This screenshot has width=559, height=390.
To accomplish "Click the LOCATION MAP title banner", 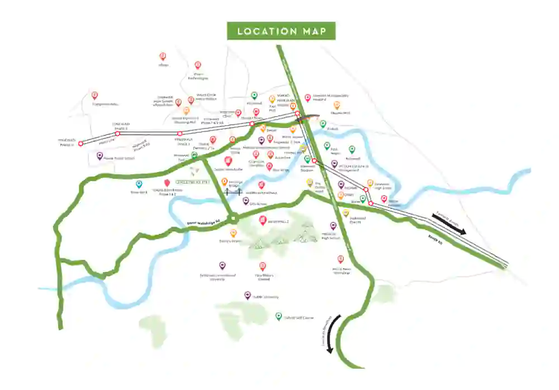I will pyautogui.click(x=281, y=31).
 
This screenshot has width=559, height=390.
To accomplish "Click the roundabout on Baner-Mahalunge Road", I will pyautogui.click(x=233, y=218).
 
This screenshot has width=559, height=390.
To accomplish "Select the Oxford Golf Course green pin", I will pyautogui.click(x=278, y=316).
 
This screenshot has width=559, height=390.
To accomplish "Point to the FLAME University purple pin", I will pyautogui.click(x=248, y=295).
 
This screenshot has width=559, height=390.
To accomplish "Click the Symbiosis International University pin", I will pyautogui.click(x=222, y=265).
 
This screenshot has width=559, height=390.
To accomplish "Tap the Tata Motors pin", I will pyautogui.click(x=263, y=266).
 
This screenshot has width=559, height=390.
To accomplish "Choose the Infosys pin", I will pyautogui.click(x=163, y=56).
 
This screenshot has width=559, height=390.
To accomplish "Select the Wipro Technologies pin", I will pyautogui.click(x=196, y=66).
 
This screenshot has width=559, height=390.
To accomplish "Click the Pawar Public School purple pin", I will pyautogui.click(x=100, y=156).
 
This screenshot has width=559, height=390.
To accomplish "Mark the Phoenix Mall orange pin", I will pyautogui.click(x=337, y=105).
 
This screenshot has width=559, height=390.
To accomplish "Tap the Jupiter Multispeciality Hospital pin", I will pyautogui.click(x=307, y=98).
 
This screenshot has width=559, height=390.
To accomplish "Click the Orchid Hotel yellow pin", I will pyautogui.click(x=310, y=182).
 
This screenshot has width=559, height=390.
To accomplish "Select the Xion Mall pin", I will pyautogui.click(x=272, y=99).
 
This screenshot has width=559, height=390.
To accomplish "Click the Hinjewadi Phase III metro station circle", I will pyautogui.click(x=80, y=144).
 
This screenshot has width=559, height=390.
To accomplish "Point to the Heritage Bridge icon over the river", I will pyautogui.click(x=231, y=192).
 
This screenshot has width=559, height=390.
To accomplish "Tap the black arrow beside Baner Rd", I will pyautogui.click(x=449, y=225).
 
